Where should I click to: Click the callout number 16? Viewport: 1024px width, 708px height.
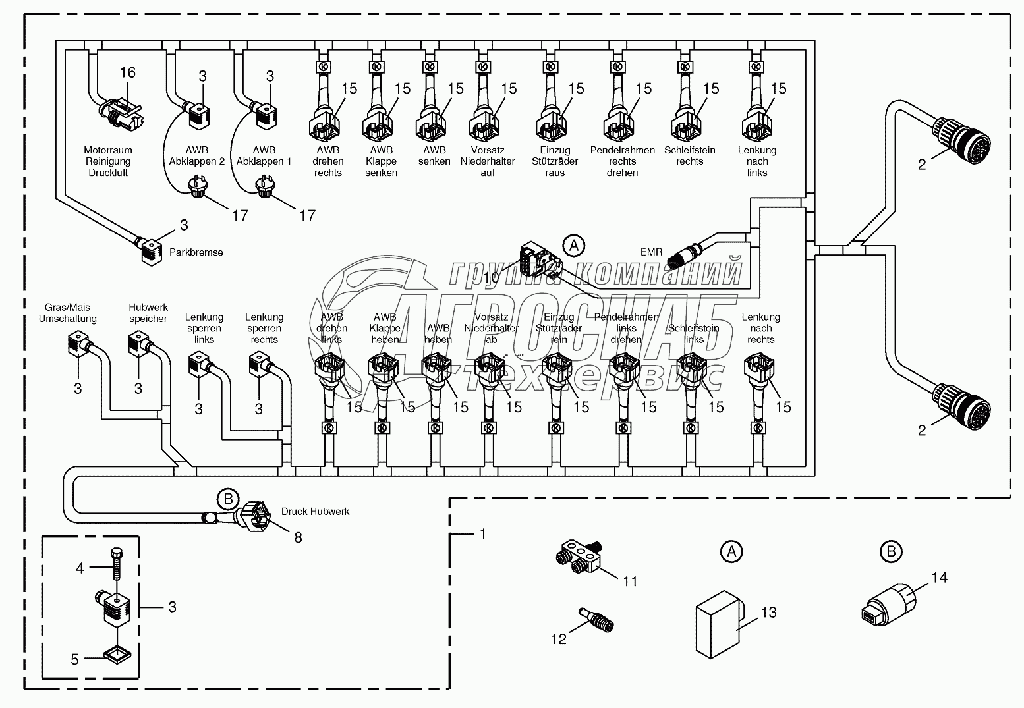click(x=127, y=72)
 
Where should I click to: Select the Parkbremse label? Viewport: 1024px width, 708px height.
click(x=196, y=252)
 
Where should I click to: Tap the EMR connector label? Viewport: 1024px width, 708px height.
click(x=651, y=252)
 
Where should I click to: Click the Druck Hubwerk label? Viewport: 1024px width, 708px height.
click(x=315, y=511)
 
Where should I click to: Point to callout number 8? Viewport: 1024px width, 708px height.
click(x=298, y=537)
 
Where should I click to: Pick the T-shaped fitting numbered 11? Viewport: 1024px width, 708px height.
click(x=580, y=555)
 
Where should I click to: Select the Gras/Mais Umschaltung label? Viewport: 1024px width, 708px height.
click(x=67, y=313)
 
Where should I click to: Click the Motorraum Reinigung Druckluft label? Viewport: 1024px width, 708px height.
click(x=107, y=161)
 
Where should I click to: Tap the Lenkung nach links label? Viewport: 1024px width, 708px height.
click(x=757, y=161)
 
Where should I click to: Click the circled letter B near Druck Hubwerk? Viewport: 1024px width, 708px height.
click(x=227, y=499)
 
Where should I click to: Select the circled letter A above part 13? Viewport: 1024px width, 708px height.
click(x=730, y=551)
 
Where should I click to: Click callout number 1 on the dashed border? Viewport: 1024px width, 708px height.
click(x=482, y=533)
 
